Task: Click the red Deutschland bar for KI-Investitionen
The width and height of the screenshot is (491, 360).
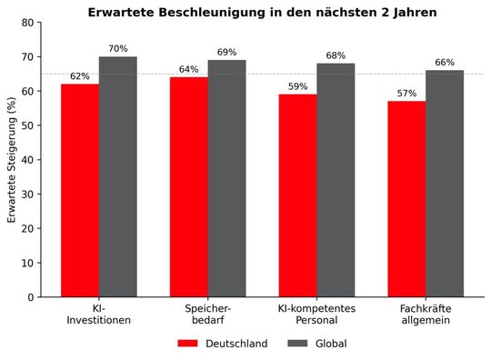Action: (80, 190)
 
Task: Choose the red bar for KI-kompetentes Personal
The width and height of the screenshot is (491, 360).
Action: (298, 195)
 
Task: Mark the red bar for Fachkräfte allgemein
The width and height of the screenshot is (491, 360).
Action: (407, 199)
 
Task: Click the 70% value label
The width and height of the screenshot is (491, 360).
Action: (117, 49)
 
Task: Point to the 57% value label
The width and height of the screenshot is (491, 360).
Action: (407, 94)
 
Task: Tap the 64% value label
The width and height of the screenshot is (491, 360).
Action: (189, 69)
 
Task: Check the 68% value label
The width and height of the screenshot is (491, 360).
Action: (336, 55)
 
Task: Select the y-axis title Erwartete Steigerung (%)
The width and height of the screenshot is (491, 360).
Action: (12, 160)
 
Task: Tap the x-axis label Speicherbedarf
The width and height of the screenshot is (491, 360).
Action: (207, 315)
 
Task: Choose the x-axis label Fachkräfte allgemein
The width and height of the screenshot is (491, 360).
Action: (426, 315)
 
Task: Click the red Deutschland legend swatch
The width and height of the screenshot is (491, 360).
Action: (187, 344)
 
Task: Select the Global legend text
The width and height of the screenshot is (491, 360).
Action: (331, 344)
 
